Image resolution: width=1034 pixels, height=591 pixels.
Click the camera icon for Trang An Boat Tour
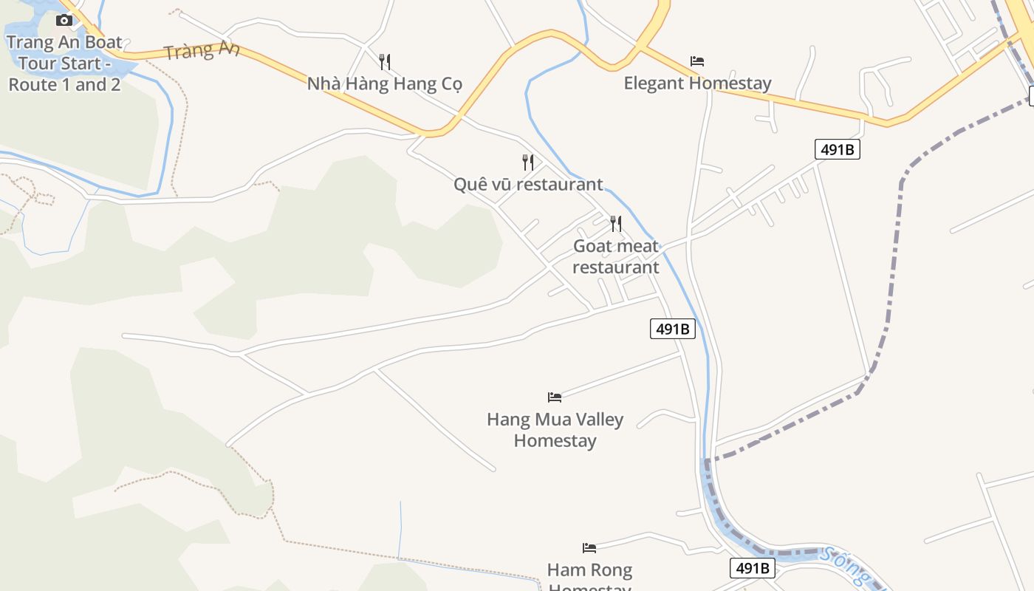coord(64,20)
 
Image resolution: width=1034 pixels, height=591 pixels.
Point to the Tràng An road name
coord(202,51)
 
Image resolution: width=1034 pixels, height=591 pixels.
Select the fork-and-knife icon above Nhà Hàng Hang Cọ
coord(384,61)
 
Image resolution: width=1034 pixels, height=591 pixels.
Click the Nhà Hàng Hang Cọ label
coord(384,83)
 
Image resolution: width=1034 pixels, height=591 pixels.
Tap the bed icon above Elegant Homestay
coord(696,61)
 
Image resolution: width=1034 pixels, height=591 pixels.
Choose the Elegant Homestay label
coord(697,83)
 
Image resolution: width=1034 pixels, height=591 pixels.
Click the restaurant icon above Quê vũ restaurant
coord(527,162)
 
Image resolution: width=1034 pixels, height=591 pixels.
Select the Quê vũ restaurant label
coord(528,184)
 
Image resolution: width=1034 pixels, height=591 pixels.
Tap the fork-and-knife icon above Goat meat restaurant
coord(615,223)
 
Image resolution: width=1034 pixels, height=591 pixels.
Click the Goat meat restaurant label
coord(615,256)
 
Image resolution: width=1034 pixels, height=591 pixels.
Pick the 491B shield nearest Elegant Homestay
coord(838,149)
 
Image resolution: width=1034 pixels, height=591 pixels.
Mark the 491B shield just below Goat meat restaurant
coord(672,329)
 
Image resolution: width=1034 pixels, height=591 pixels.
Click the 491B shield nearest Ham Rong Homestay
coord(753,568)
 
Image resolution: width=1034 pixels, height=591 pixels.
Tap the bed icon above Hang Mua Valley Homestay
coord(555,397)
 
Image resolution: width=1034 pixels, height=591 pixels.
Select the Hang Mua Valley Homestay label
coord(555,430)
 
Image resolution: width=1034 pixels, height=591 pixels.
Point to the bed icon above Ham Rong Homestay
coord(589,548)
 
